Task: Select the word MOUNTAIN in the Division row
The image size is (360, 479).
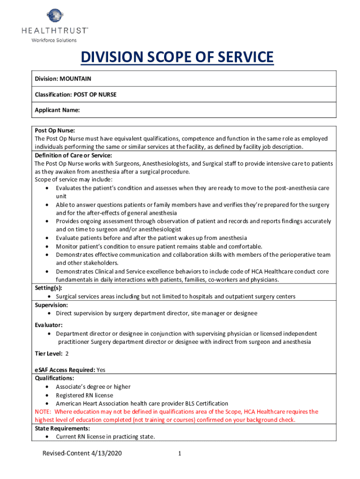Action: pos(75,79)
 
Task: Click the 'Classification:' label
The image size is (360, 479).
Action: pos(53,94)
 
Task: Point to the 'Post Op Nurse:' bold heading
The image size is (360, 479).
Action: pos(55,131)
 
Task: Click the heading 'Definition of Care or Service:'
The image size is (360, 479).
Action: pos(73,155)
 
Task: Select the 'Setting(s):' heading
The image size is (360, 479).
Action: pos(48,288)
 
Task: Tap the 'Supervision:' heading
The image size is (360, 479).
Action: pos(51,305)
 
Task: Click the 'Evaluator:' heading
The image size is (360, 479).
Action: pos(49,325)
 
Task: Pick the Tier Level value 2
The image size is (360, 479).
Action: pos(67,354)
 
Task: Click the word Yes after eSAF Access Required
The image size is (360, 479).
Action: pos(101,370)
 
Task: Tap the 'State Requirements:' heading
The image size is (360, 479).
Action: pos(62,428)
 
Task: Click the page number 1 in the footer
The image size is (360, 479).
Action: pos(180,453)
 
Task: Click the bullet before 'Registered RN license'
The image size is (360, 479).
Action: pos(49,395)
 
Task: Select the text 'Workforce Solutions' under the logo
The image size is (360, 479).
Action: pos(54,40)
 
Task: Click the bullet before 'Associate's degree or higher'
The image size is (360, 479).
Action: pos(49,387)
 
